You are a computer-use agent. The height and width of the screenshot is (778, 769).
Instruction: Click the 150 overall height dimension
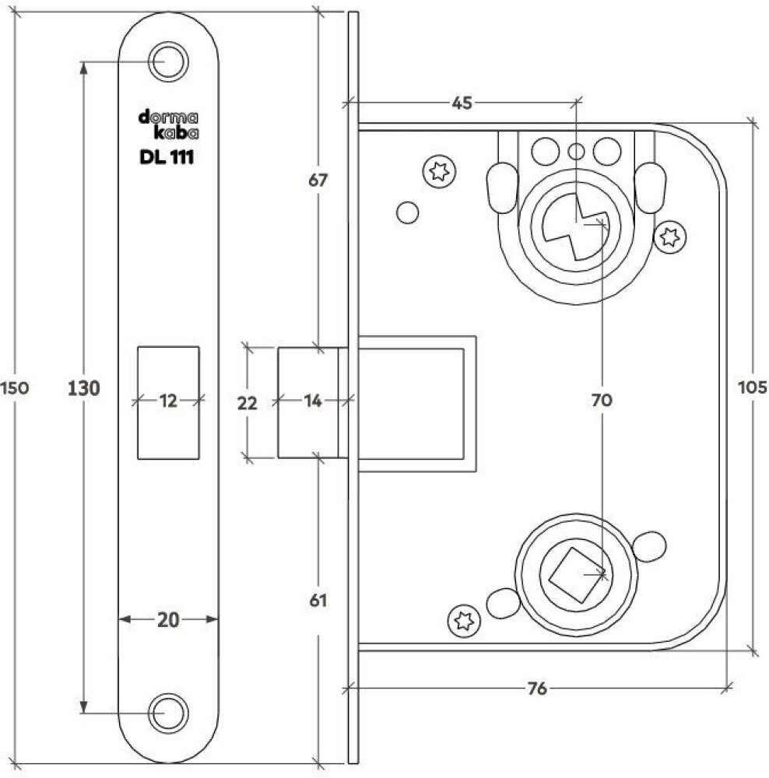pyautogui.click(x=15, y=387)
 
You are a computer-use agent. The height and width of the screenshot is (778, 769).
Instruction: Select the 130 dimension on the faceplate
pyautogui.click(x=84, y=387)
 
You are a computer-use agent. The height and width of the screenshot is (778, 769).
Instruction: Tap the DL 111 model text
pyautogui.click(x=167, y=157)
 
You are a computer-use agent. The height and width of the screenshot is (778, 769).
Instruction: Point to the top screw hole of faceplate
pyautogui.click(x=167, y=61)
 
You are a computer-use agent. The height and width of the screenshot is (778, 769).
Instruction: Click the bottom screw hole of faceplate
pyautogui.click(x=167, y=713)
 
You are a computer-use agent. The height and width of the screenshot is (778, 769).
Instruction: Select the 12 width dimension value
pyautogui.click(x=168, y=400)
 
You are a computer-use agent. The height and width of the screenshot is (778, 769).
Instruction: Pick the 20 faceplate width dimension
pyautogui.click(x=168, y=619)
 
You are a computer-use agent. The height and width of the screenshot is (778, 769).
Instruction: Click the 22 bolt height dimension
pyautogui.click(x=247, y=403)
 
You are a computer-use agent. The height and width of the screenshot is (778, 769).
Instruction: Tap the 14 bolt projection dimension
pyautogui.click(x=313, y=401)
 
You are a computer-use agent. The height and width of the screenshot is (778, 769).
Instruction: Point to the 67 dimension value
pyautogui.click(x=318, y=180)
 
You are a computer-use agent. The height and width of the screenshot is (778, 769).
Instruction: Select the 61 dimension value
pyautogui.click(x=318, y=600)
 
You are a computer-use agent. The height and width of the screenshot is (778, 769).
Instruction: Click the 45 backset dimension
pyautogui.click(x=463, y=101)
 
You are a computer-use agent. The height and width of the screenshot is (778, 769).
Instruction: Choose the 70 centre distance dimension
pyautogui.click(x=602, y=400)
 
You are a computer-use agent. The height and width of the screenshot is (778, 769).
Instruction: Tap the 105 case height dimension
pyautogui.click(x=754, y=387)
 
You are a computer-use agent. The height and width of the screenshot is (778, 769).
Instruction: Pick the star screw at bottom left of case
pyautogui.click(x=463, y=619)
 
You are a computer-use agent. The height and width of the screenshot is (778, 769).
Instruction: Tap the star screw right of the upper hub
pyautogui.click(x=669, y=237)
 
